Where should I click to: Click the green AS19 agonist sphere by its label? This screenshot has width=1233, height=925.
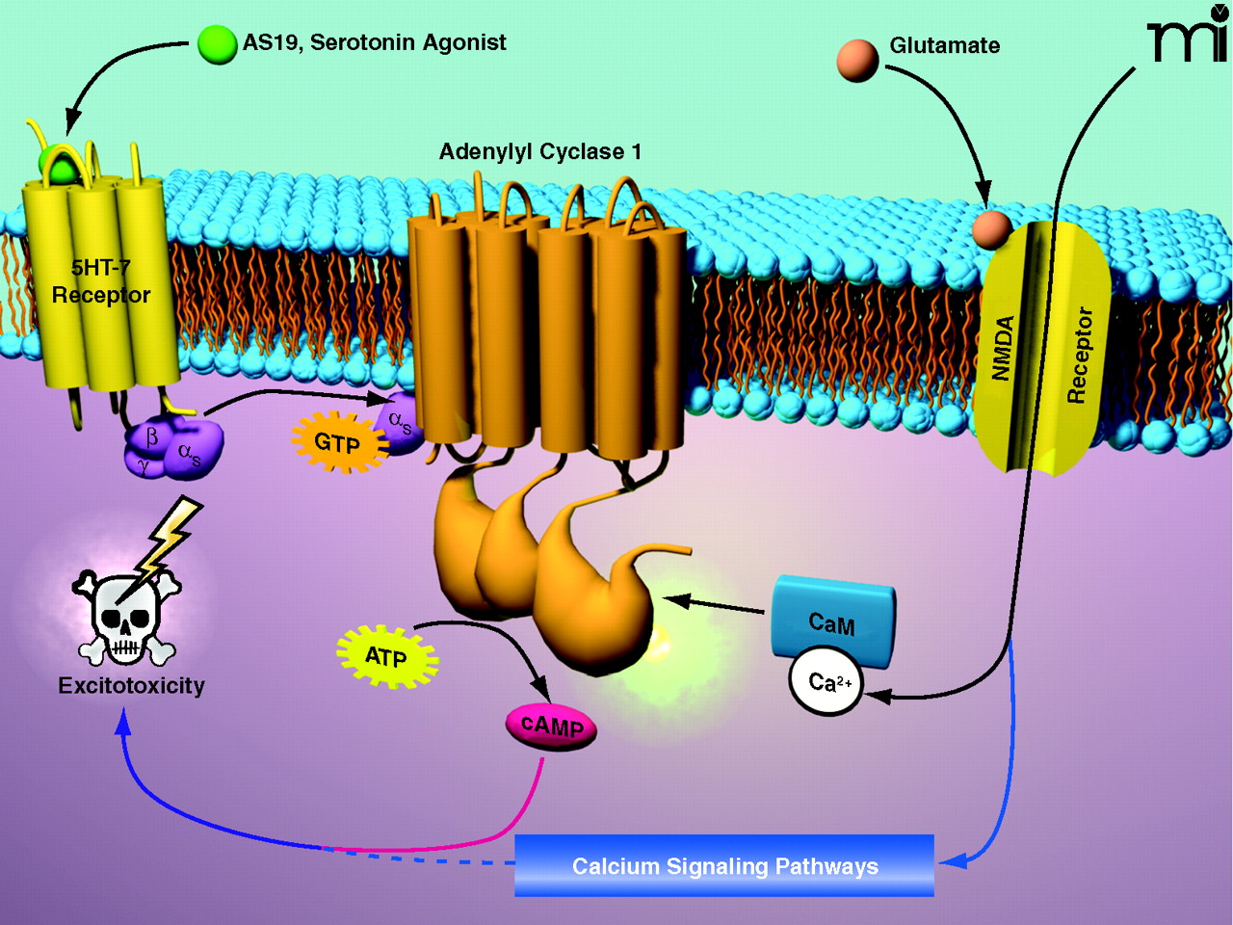[x=217, y=43]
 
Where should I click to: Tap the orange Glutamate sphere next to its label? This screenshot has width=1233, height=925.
[x=857, y=59]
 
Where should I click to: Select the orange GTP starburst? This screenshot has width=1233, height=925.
[x=337, y=442]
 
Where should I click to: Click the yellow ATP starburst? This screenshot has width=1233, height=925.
[x=386, y=656]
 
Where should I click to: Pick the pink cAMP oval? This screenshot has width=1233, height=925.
[x=552, y=727]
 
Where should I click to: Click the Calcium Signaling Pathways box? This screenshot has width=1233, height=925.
[x=724, y=865]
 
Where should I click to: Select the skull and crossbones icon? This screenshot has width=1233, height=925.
[x=127, y=618]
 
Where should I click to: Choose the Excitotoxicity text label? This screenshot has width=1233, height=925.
[x=132, y=686]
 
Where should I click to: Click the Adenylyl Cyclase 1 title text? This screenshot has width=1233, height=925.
[x=539, y=151]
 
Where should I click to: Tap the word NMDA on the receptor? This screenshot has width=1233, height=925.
[x=1003, y=347]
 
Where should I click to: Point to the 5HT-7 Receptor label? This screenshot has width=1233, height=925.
[x=101, y=281]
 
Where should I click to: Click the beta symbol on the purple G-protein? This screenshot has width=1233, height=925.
[x=151, y=436]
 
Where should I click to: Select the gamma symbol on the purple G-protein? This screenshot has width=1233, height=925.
[x=144, y=465]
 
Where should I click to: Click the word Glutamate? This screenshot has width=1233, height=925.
[x=944, y=45]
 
